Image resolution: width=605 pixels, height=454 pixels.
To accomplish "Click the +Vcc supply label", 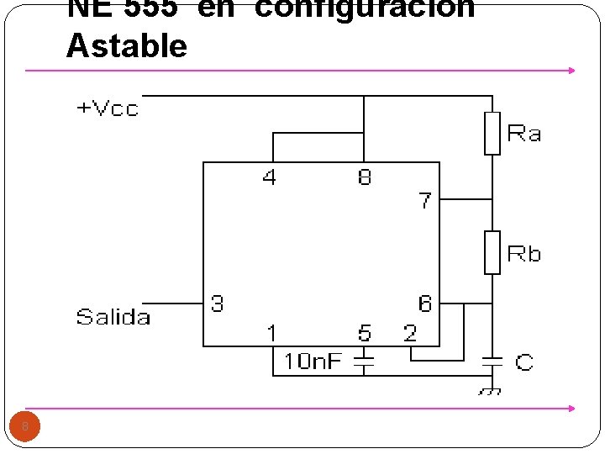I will coord(108,108).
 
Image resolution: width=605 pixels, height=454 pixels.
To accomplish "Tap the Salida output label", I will coord(113,317).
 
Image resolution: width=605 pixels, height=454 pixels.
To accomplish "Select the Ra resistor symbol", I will coord(492,133).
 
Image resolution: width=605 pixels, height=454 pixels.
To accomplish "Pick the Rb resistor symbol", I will coord(492,252).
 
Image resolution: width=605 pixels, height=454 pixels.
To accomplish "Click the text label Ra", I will coord(524,134).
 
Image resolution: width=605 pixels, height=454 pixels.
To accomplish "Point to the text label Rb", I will coord(524,254).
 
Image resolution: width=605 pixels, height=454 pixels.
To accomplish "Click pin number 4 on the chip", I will coord(269,177).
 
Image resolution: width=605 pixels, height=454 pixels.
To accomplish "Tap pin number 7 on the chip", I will coord(425,201).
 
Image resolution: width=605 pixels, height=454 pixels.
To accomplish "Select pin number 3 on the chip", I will coord(218,304).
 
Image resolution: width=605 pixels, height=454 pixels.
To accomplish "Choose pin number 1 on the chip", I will coord(271,334).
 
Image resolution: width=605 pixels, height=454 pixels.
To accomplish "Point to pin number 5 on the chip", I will coord(364,334).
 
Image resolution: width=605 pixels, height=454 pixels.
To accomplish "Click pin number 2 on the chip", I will coord(410,334).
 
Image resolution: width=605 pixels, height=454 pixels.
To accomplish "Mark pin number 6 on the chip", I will coord(425,304).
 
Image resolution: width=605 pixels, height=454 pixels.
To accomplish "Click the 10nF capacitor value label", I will coord(313,362).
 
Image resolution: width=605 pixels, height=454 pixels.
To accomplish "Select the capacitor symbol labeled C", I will coord(492,362).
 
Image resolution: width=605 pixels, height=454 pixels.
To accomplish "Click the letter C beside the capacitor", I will coord(524,362).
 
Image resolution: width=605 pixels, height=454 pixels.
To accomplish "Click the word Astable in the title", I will coord(127,45).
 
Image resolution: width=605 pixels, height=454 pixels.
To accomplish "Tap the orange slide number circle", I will coord(25,427).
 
